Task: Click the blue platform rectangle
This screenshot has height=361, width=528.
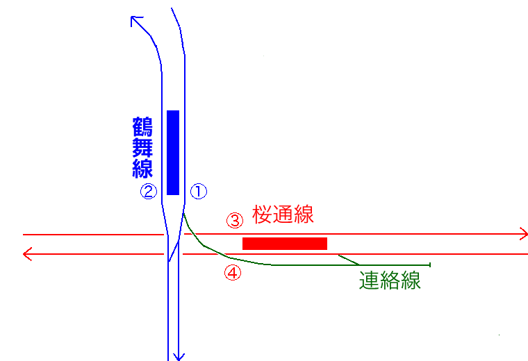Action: pos(173,153)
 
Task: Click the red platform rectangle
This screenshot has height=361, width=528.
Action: pos(285,244)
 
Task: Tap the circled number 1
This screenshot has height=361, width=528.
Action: pos(199,191)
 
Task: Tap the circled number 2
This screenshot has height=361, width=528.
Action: pos(149,191)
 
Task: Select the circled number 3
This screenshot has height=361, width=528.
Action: pos(235,220)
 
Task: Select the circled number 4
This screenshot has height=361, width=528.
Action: pos(233,273)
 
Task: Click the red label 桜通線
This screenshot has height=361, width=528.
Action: pos(283,215)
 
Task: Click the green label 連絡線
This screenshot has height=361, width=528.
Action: pos(390,280)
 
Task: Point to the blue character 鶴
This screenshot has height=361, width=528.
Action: pos(142,126)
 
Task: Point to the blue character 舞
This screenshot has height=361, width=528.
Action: pos(142,147)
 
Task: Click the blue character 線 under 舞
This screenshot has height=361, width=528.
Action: pos(142,168)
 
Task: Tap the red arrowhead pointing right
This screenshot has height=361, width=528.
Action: pos(524,234)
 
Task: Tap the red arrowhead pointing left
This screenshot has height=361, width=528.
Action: pos(27,254)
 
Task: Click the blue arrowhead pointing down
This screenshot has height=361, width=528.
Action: pos(179,357)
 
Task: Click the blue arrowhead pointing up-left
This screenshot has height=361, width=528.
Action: pos(135,20)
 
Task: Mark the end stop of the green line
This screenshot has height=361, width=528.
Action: pos(430,265)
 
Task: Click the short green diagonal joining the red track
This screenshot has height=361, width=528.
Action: pos(349,260)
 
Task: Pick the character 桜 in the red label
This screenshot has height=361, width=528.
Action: pos(263,215)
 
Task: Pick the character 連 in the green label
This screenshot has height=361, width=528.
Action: pos(370,280)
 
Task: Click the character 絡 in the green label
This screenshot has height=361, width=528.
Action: pos(390,280)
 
